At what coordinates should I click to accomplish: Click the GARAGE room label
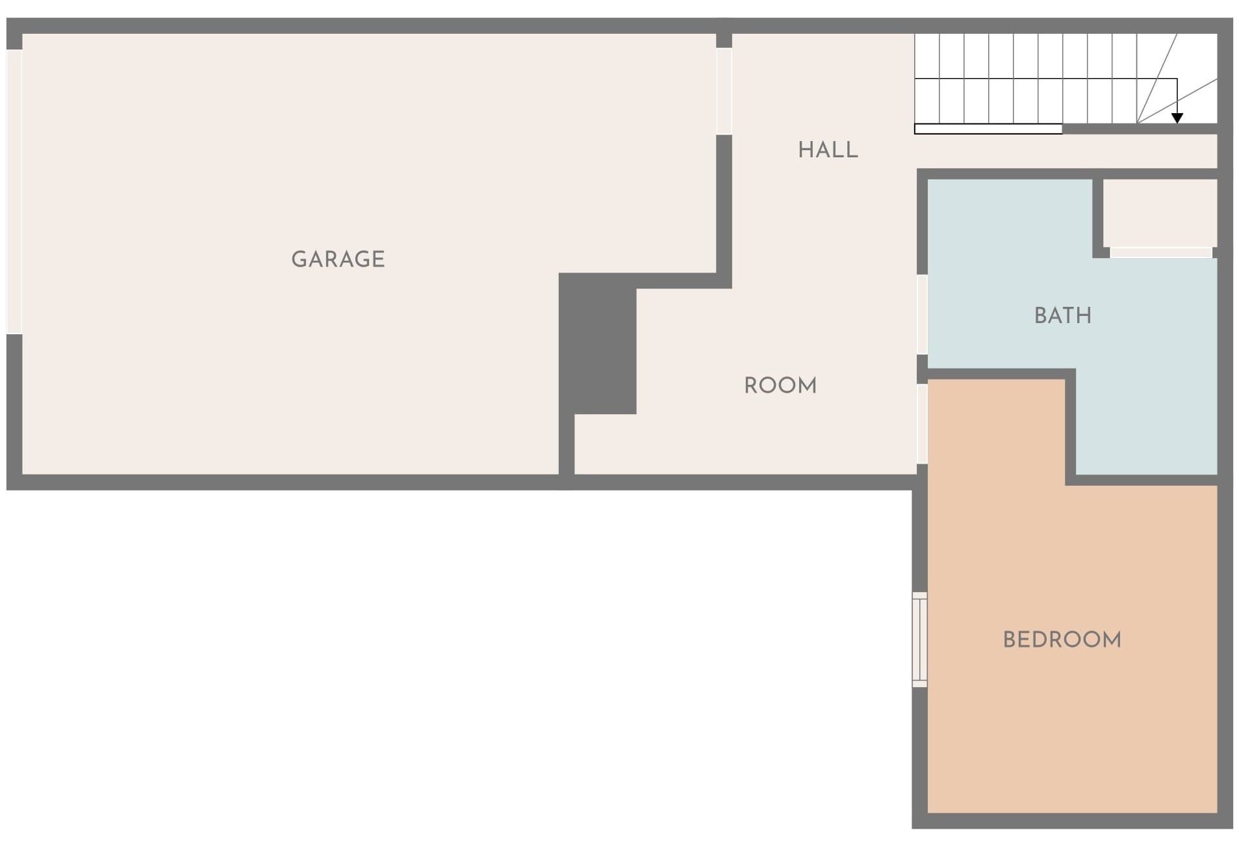338,259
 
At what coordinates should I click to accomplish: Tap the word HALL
828,150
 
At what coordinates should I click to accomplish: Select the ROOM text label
780,385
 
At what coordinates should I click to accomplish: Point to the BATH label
1063,315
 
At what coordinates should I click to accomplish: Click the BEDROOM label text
1062,640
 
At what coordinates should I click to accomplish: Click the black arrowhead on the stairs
1177,118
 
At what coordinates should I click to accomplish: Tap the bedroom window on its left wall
919,640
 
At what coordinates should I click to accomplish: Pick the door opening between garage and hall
724,92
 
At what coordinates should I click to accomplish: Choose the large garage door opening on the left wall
14,192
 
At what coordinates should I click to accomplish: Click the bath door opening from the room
922,315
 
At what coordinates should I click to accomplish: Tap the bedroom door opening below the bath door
922,424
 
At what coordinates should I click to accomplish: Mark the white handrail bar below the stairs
988,129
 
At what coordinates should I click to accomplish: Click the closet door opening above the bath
1161,252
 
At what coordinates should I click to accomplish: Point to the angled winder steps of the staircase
1177,78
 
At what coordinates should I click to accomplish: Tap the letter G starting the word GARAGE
299,259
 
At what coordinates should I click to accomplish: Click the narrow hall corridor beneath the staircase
1066,151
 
